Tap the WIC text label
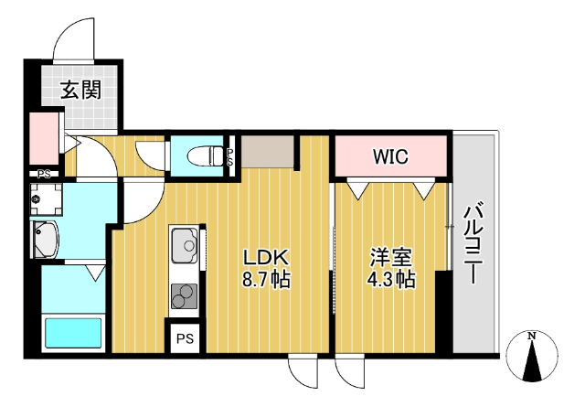390,156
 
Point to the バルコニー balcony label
473,245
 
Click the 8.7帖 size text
264,281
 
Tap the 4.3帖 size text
390,281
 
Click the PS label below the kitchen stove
185,338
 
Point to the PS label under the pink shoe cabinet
43,174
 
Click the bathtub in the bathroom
73,332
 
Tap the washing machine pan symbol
43,198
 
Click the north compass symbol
533,357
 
